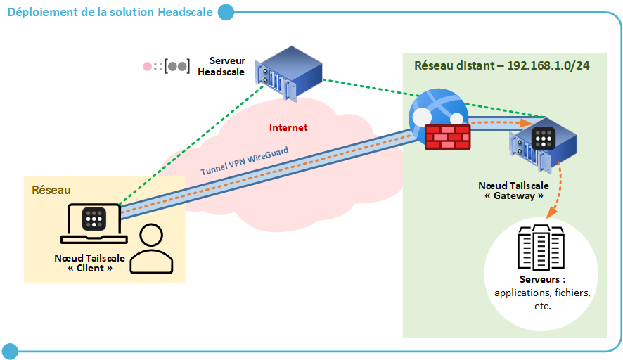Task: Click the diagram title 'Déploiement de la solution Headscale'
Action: click(x=110, y=12)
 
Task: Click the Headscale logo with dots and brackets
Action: click(x=167, y=67)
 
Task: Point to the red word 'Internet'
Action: click(x=288, y=127)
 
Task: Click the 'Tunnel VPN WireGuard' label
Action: click(x=245, y=161)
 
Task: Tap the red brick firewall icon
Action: click(x=447, y=136)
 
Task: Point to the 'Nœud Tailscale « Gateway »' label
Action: click(x=515, y=191)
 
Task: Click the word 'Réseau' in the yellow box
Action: click(x=51, y=191)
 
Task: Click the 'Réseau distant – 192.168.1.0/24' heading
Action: click(x=501, y=65)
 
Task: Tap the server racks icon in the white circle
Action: click(x=541, y=247)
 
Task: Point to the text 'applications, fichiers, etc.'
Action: click(x=542, y=299)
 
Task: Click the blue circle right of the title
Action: click(x=225, y=12)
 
